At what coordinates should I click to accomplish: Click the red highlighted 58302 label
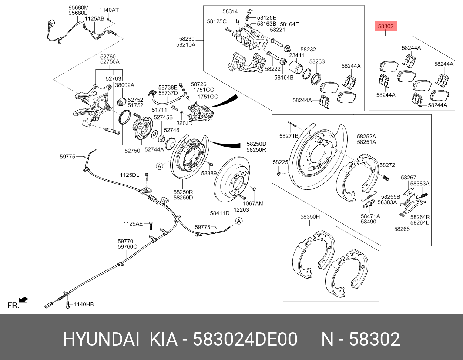(x=386, y=26)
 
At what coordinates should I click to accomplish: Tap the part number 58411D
(x=220, y=213)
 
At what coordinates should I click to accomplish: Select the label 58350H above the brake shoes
(x=310, y=217)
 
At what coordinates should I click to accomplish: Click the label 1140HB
(x=84, y=305)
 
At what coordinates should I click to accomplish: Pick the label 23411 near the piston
(x=296, y=55)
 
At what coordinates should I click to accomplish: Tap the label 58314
(x=230, y=11)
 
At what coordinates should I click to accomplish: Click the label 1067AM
(x=253, y=203)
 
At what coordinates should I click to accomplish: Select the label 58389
(x=209, y=173)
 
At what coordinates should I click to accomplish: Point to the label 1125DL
(x=129, y=175)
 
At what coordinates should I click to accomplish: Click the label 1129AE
(x=133, y=223)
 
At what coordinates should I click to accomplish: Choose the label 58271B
(x=289, y=136)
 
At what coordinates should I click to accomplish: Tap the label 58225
(x=280, y=162)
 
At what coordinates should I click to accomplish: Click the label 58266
(x=402, y=229)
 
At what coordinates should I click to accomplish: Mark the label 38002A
(x=125, y=85)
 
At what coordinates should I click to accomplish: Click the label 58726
(x=199, y=84)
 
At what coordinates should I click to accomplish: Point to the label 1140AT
(x=109, y=10)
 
